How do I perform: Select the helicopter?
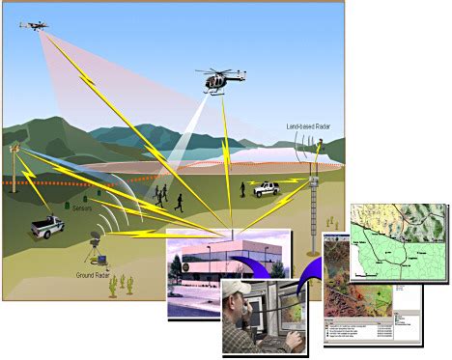(215, 80)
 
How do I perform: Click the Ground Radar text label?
(99, 275)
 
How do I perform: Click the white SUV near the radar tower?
(268, 190)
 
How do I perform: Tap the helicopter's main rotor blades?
(213, 69)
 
